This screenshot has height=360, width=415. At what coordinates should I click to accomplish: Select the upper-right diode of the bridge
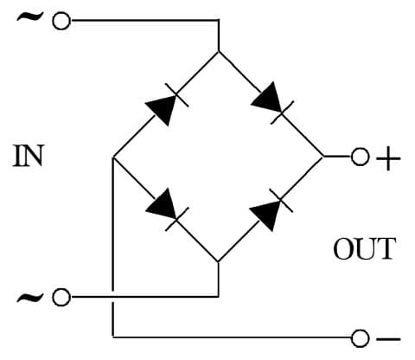click(270, 101)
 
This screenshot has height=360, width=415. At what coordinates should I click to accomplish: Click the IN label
click(29, 156)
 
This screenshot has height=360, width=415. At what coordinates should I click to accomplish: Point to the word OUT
click(364, 249)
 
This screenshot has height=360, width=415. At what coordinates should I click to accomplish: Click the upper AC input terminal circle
click(60, 22)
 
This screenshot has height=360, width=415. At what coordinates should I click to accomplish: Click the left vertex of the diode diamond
click(113, 157)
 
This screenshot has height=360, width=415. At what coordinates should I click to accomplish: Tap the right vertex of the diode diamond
click(322, 157)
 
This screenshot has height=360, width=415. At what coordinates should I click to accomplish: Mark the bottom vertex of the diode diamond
click(218, 261)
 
